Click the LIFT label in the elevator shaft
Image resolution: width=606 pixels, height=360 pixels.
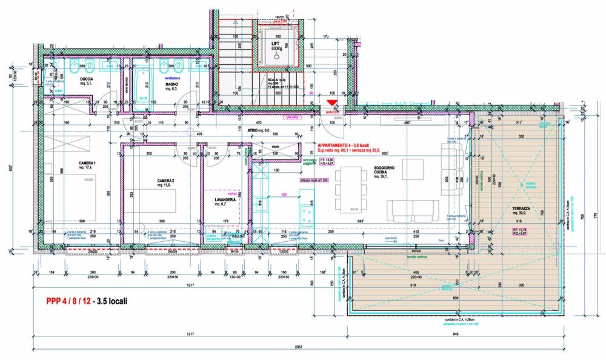tap(276, 44)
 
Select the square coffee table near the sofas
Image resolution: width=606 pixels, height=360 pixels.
tap(414, 167)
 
